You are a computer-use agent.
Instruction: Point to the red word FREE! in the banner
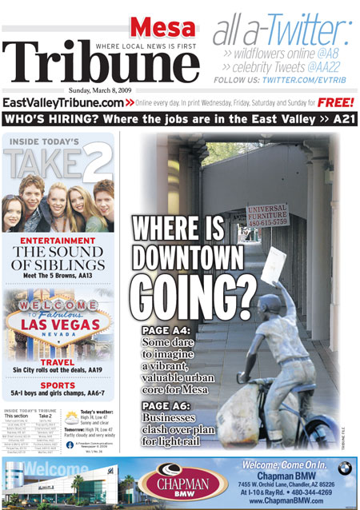pos(336,103)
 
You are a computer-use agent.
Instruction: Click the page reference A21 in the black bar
pos(342,119)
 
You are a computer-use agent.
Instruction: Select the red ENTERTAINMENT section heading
pos(58,240)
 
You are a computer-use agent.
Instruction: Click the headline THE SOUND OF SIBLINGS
pos(58,258)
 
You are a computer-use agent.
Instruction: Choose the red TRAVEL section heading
pos(58,361)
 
